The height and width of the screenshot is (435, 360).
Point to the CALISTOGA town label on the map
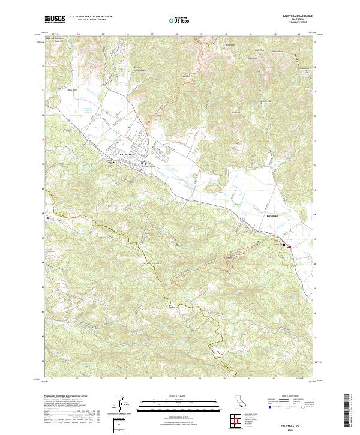pos(128,155)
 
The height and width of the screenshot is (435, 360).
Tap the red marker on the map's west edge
pos(47,218)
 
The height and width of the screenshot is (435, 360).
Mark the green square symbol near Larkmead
pos(258,241)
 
